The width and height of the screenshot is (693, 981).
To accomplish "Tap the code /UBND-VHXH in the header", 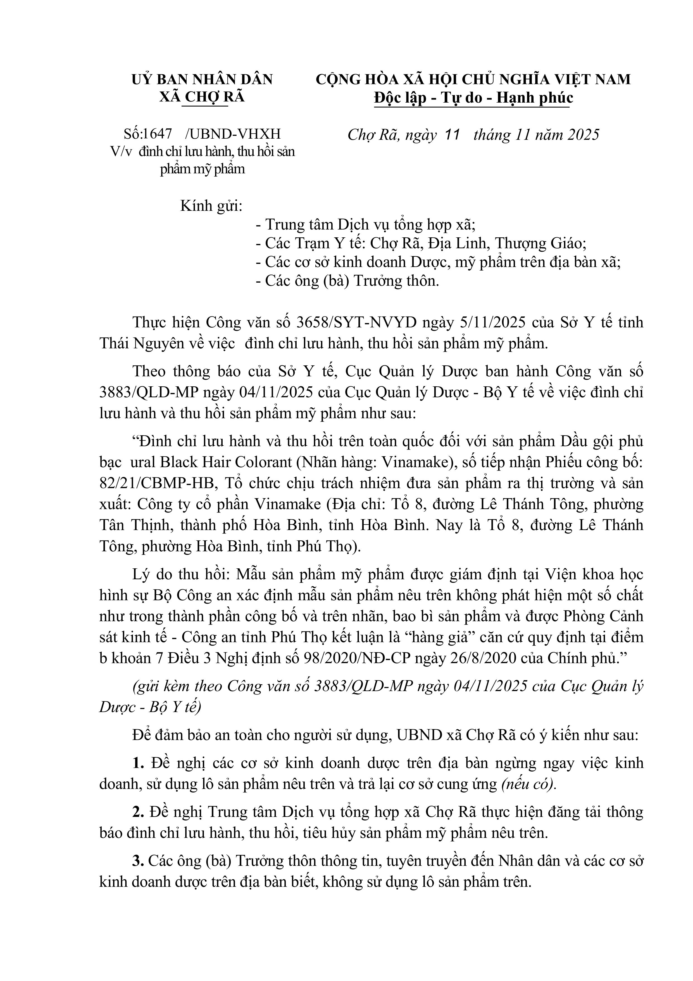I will click(x=233, y=134).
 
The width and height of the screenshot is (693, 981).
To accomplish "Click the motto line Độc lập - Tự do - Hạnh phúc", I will click(x=473, y=98).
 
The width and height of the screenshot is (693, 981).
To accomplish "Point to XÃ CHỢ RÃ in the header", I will click(x=202, y=97).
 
